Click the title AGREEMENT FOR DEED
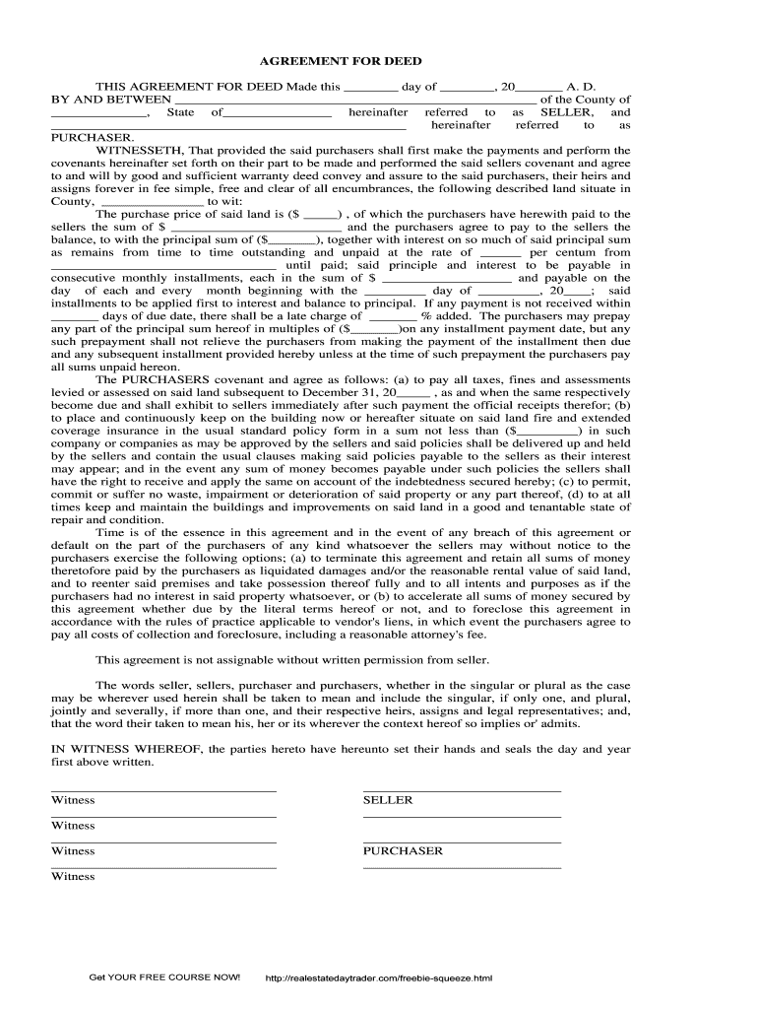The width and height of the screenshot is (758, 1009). pos(379,61)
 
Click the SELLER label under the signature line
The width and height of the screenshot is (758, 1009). pos(388,800)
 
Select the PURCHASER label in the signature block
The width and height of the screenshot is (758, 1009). pos(403,850)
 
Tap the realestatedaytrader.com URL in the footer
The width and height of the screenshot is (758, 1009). pos(379,978)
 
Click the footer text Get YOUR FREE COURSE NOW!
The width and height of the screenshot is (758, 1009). pos(164,977)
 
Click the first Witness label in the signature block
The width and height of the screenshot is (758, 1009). pos(73,800)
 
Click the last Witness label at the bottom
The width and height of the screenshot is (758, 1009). pos(73,876)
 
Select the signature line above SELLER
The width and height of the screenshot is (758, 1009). pos(462,790)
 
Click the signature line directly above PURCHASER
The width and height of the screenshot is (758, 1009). pos(462,841)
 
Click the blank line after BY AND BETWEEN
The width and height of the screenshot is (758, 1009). pos(354,100)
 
